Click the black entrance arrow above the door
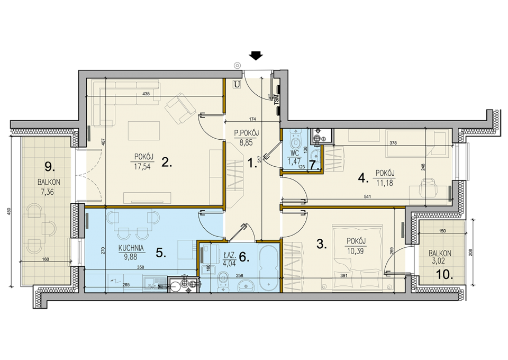click(x=256, y=56)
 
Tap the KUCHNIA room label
click(x=131, y=248)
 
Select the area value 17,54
click(x=142, y=167)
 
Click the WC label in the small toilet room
click(x=295, y=154)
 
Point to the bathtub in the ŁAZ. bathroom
click(x=268, y=268)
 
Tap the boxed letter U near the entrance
click(x=238, y=85)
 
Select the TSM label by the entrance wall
click(x=276, y=98)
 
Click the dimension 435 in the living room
click(x=146, y=94)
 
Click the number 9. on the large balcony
click(x=50, y=167)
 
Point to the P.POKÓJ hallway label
click(x=247, y=132)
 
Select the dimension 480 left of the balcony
click(x=9, y=212)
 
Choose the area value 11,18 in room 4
click(x=385, y=183)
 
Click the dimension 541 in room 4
click(x=367, y=196)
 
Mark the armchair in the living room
click(x=180, y=109)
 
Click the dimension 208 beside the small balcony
click(x=470, y=252)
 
